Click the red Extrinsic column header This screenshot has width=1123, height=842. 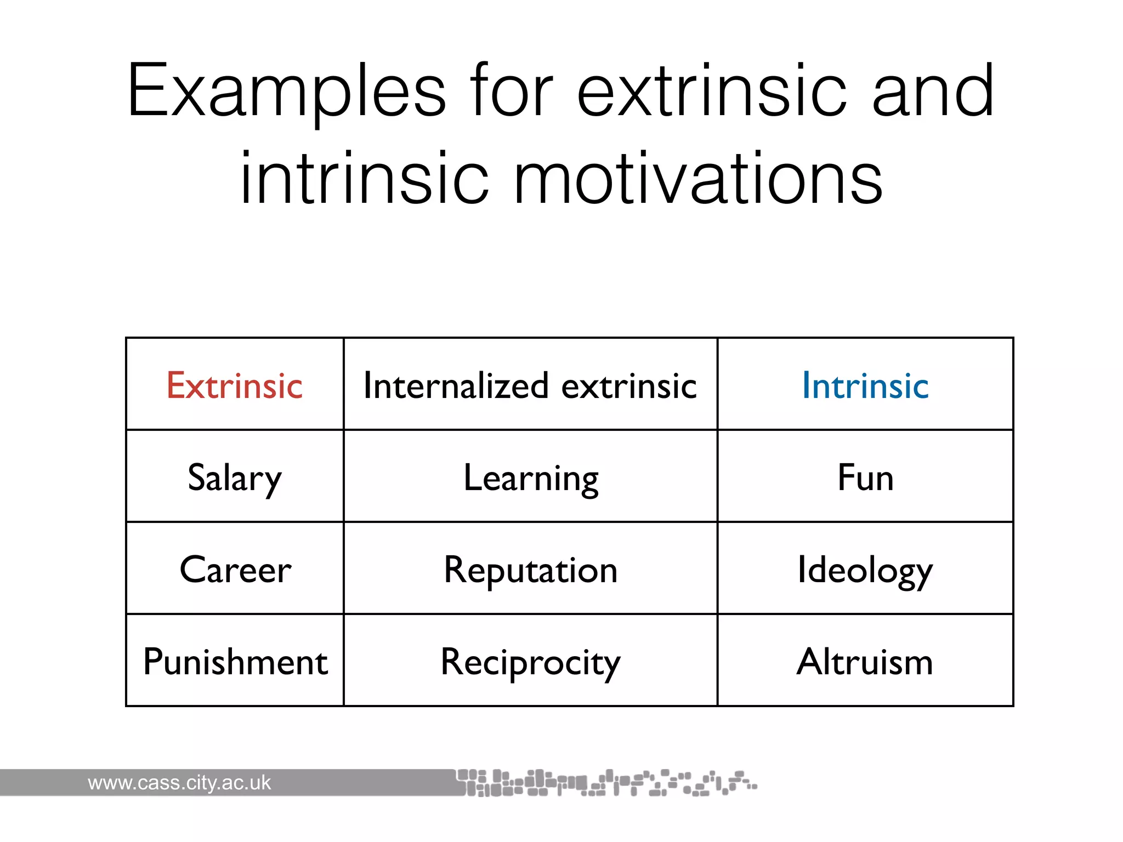235,385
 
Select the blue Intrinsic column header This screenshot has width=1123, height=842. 865,385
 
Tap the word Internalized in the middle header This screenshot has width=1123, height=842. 456,385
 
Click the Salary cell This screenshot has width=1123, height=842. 235,478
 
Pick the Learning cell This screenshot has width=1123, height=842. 531,478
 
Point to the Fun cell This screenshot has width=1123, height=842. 865,477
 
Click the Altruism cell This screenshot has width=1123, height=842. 865,662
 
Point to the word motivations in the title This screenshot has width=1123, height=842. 697,179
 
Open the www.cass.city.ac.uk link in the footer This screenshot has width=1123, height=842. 179,783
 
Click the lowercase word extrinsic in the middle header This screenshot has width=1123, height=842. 629,385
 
